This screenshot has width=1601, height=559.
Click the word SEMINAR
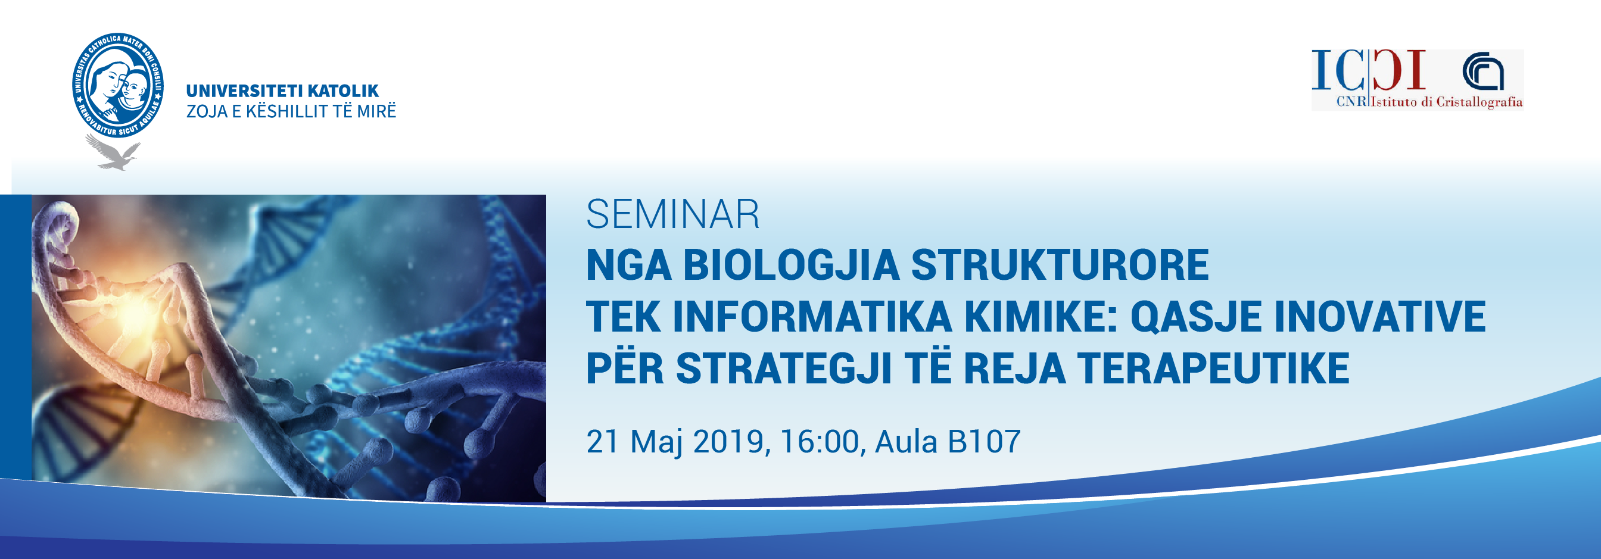click(672, 214)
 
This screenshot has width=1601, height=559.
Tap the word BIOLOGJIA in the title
click(791, 266)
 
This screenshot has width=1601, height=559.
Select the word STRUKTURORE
click(1060, 266)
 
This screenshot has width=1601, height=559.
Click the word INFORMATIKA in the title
click(812, 317)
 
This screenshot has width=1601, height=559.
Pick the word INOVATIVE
click(1380, 317)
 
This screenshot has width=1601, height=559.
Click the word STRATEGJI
click(784, 369)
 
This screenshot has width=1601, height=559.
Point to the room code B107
click(984, 441)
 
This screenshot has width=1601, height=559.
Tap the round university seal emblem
click(117, 86)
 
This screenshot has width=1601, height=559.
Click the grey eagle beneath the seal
click(114, 152)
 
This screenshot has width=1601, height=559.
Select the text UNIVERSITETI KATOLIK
click(282, 90)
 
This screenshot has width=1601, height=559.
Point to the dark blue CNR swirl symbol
click(1484, 72)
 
